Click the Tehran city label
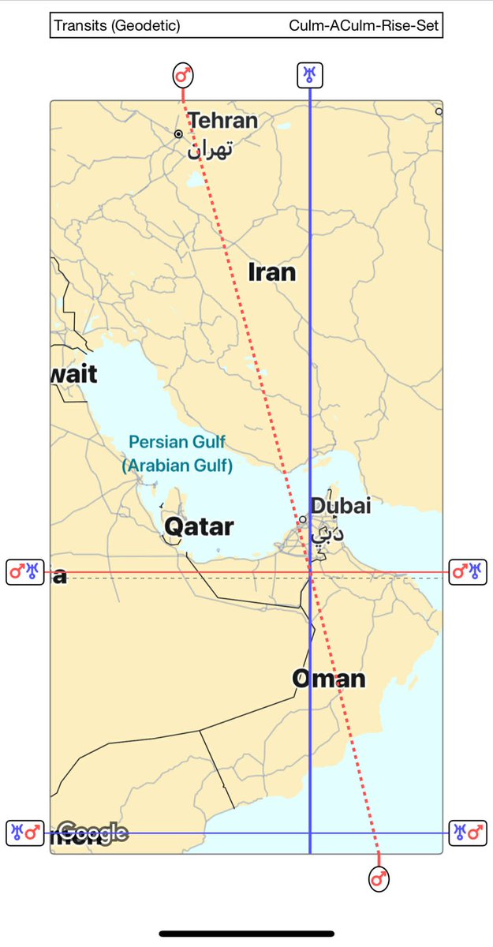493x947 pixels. point(223,121)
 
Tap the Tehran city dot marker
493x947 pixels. point(179,134)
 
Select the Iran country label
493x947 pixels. point(272,272)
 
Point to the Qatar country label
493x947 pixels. point(199,526)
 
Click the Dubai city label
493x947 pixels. point(340,506)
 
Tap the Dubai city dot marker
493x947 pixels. point(302,519)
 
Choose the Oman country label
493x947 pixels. point(329,678)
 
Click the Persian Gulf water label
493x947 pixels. point(177,442)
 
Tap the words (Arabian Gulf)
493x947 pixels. point(177,466)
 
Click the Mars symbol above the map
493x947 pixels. point(183,76)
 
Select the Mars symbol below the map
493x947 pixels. point(379,878)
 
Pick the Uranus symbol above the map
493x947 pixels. point(309,75)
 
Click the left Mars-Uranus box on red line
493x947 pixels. point(24,571)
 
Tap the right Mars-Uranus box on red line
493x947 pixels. point(468,571)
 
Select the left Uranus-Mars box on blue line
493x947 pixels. point(24,833)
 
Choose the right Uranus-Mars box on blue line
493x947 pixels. point(468,833)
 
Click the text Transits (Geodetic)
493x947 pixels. point(117,26)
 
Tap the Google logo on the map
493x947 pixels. point(92,832)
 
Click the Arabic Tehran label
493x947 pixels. point(211,148)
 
